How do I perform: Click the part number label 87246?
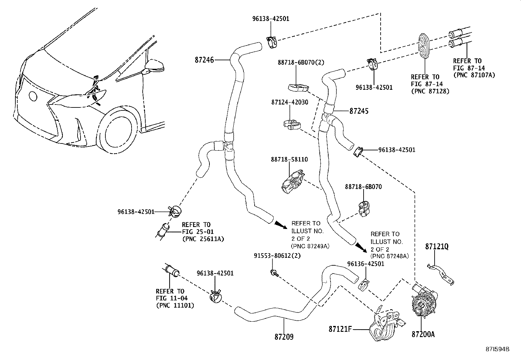pos(204,60)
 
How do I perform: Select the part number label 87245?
pos(359,111)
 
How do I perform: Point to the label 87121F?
pos(340,329)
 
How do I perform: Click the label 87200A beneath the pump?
pos(423,334)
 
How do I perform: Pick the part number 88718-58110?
pos(289,160)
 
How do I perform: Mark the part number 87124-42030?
pos(289,102)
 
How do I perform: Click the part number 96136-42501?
pos(366,264)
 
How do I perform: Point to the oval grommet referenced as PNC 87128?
pos(424,46)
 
